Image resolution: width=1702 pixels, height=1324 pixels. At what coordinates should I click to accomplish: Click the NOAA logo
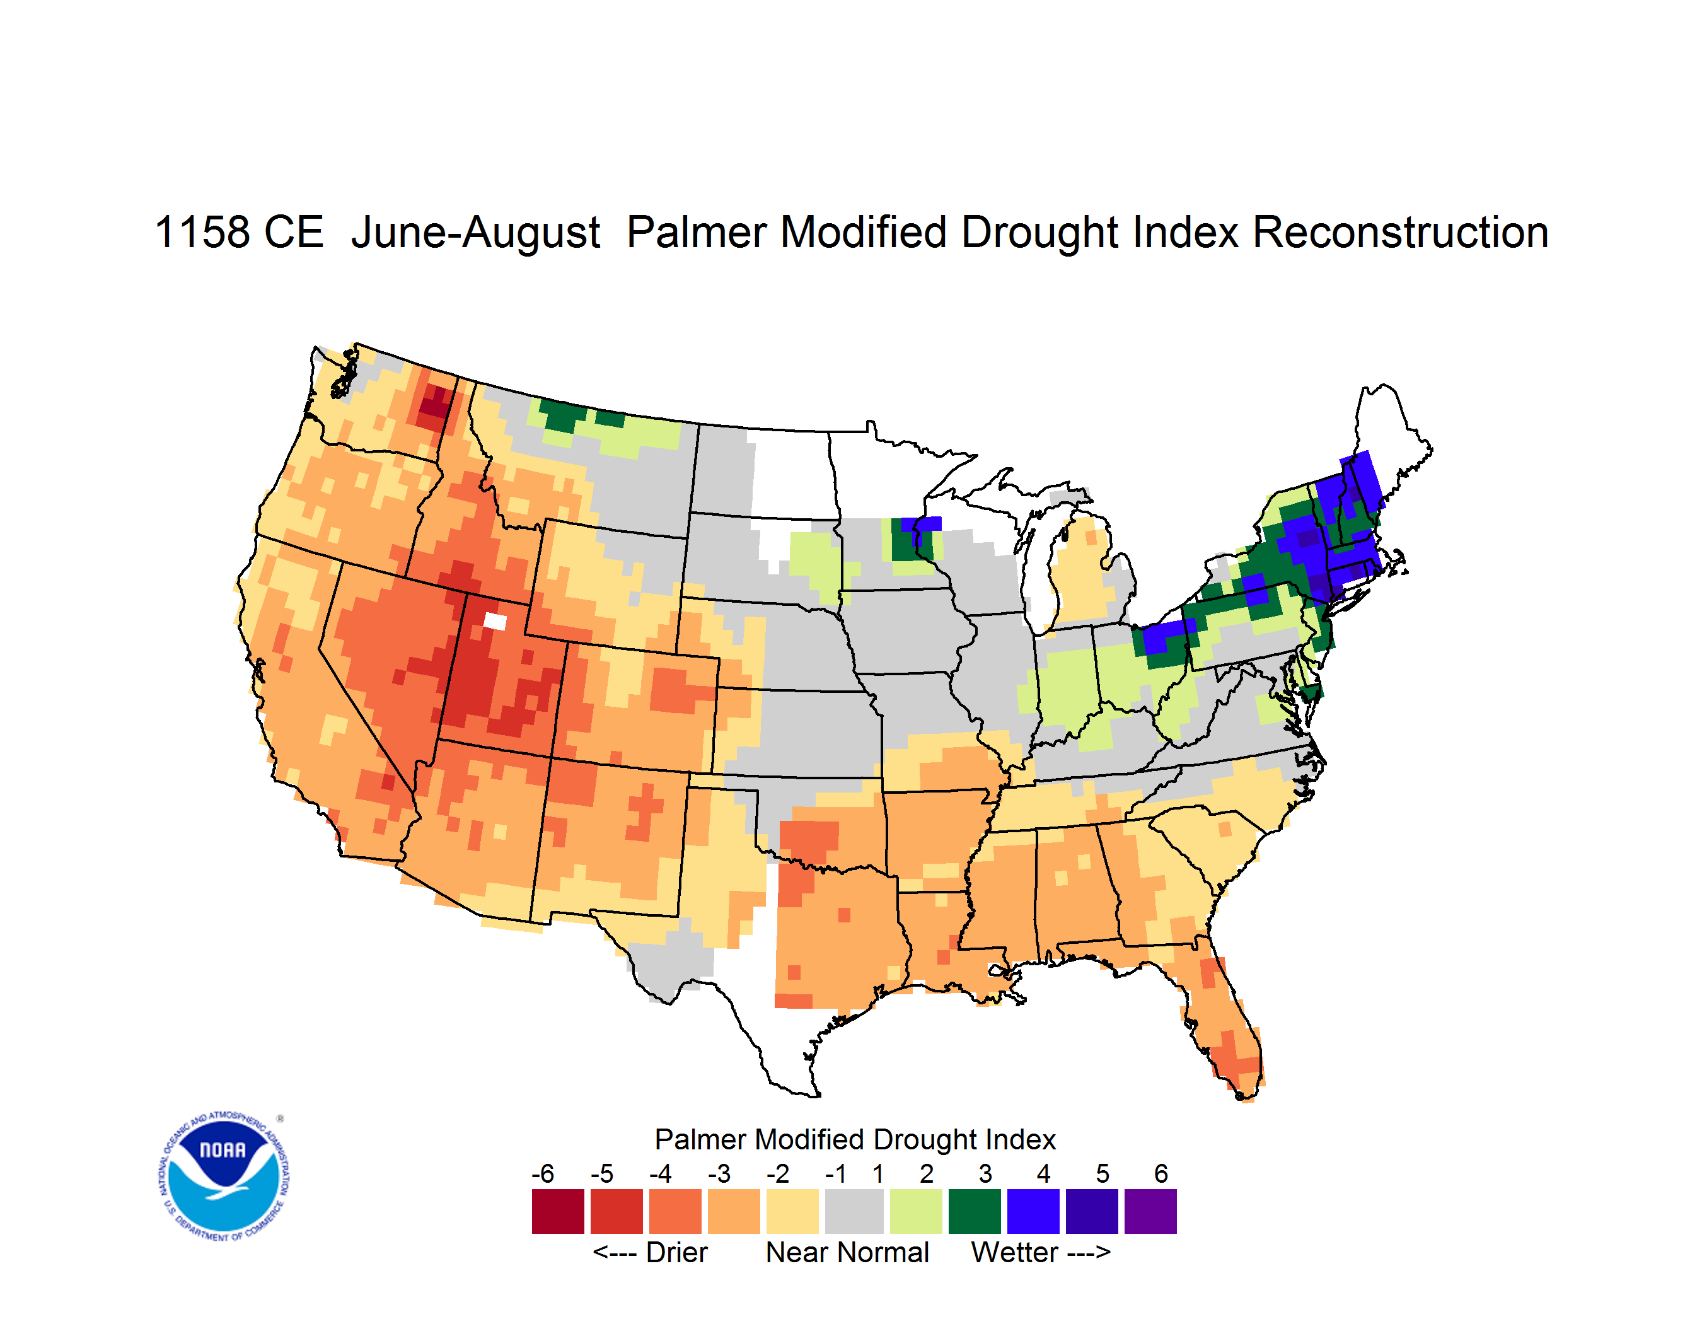click(224, 1176)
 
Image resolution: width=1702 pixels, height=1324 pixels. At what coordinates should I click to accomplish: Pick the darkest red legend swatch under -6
click(558, 1211)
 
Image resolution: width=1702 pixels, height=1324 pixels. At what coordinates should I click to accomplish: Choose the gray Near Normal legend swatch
click(854, 1211)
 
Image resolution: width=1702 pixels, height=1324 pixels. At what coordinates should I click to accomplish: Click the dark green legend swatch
click(974, 1211)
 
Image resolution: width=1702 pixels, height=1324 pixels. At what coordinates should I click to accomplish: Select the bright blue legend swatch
click(1033, 1211)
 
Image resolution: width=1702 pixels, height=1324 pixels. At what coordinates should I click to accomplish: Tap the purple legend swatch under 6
click(1150, 1211)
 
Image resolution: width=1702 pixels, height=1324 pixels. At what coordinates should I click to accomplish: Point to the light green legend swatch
click(916, 1211)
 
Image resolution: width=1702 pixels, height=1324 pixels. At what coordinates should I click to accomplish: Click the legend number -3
click(719, 1173)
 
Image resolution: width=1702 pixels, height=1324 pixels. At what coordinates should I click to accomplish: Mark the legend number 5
click(1103, 1173)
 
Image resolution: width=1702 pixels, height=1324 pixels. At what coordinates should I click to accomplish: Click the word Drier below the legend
click(676, 1252)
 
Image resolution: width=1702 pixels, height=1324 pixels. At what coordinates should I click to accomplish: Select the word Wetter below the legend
click(1015, 1252)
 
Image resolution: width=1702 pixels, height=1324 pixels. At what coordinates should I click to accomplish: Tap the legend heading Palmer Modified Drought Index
click(855, 1139)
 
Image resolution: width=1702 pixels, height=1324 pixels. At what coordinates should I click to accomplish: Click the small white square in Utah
click(495, 621)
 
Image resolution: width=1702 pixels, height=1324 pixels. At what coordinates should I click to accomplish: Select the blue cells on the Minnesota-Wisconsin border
click(922, 525)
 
